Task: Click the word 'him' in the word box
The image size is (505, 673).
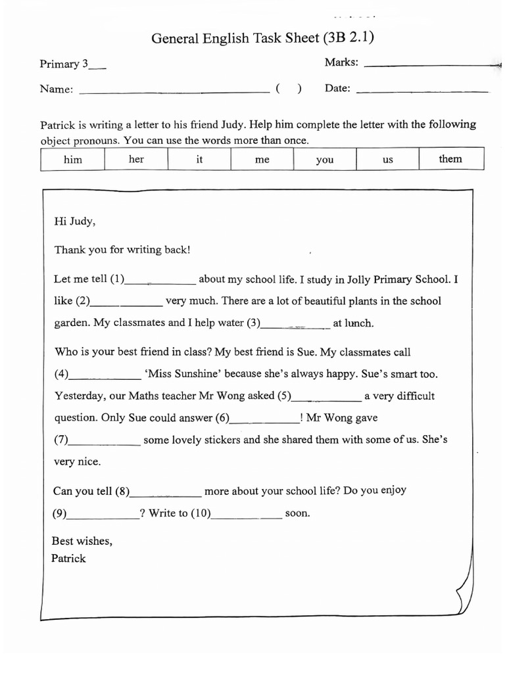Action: (x=72, y=160)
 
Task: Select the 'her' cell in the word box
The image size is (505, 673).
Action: (x=136, y=160)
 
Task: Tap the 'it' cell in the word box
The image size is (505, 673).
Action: (x=199, y=160)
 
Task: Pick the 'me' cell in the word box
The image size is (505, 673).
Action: (x=262, y=160)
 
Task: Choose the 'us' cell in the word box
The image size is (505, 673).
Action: (x=388, y=160)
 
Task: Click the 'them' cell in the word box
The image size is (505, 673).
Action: (x=450, y=159)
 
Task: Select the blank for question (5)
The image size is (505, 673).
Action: (x=326, y=398)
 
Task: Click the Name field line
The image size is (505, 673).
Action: (x=174, y=92)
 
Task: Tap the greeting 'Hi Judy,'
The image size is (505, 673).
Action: (x=75, y=221)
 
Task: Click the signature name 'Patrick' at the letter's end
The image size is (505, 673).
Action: (x=69, y=559)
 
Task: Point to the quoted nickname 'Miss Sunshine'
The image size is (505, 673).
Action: (x=182, y=374)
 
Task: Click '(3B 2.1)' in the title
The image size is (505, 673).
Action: (x=348, y=38)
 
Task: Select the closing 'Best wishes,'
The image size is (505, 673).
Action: (x=82, y=542)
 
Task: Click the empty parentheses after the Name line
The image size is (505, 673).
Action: (x=289, y=90)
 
